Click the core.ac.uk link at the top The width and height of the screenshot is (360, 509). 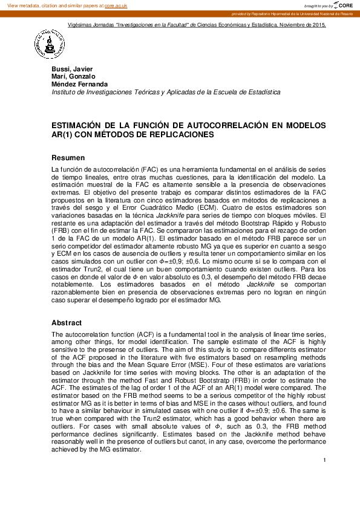click(117, 5)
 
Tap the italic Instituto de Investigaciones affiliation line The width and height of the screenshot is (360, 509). click(166, 92)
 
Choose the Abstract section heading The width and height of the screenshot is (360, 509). click(67, 323)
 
